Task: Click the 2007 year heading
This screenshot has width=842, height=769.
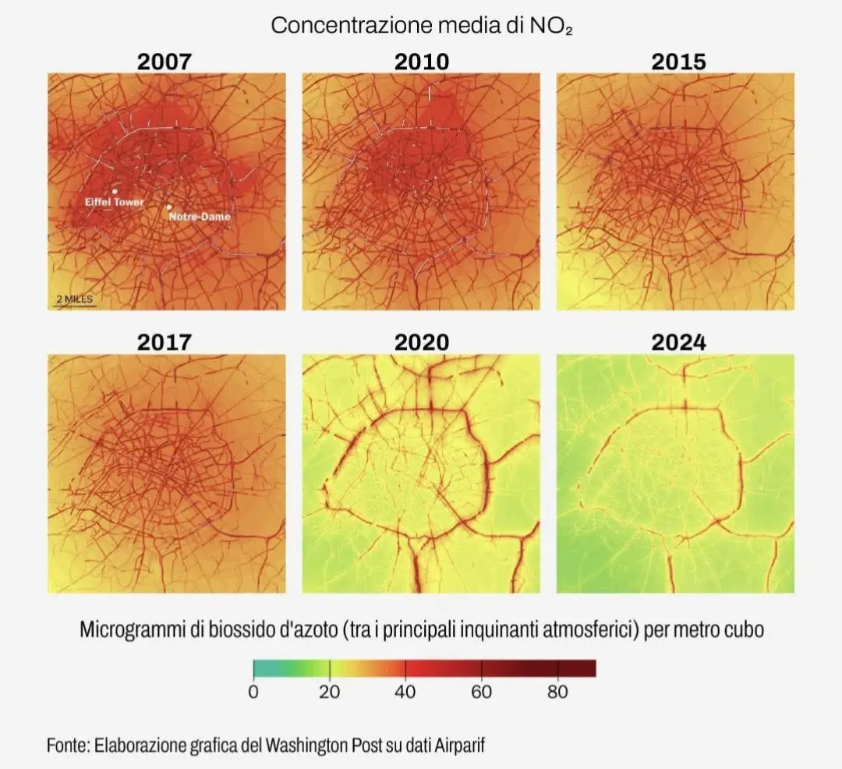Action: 165,62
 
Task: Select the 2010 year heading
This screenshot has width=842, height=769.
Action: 422,62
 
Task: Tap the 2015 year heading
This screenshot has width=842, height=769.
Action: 679,62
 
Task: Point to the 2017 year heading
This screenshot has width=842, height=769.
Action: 165,342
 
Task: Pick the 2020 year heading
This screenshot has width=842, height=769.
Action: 422,342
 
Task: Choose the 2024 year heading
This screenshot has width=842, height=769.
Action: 679,342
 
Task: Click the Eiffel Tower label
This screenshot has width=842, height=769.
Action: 115,202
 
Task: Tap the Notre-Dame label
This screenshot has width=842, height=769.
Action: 200,216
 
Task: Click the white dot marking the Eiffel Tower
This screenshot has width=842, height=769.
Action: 115,191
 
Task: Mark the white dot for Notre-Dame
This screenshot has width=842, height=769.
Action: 169,207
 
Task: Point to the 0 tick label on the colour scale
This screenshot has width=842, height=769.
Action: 253,692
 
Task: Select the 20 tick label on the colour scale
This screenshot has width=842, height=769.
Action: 329,692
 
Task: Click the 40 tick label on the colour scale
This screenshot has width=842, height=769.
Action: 405,692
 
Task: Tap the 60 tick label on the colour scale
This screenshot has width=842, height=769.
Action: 482,692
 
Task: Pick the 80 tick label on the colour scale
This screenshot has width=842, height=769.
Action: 558,692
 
